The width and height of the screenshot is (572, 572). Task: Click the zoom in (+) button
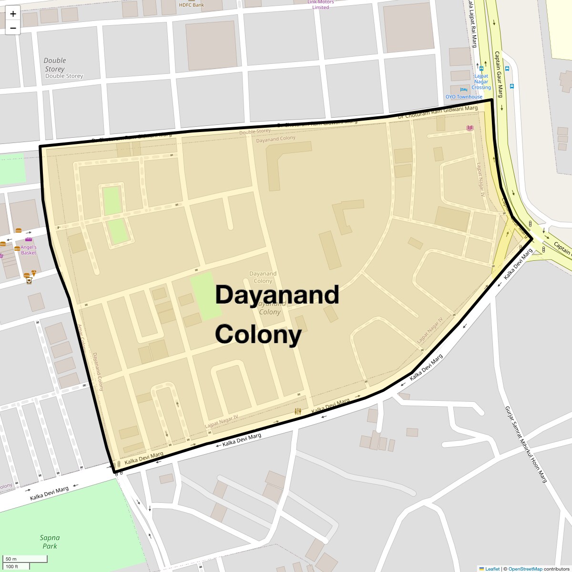[13, 14]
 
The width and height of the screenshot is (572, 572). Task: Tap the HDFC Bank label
[191, 5]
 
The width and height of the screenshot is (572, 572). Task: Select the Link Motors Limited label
[320, 5]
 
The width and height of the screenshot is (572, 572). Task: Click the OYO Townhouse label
[464, 97]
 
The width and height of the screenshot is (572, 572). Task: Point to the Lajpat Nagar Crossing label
[481, 82]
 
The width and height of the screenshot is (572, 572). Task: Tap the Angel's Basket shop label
[29, 250]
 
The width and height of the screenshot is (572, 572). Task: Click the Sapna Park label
[49, 542]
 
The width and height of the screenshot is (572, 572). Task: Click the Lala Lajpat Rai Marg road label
[472, 24]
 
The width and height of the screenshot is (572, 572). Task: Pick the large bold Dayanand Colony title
[276, 315]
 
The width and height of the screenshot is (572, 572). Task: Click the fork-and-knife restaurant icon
[298, 411]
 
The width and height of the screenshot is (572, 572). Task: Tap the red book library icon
[470, 128]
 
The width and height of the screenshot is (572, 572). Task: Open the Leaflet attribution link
[492, 569]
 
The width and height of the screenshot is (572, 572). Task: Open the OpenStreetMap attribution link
[525, 569]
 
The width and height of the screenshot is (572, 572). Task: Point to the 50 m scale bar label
[11, 559]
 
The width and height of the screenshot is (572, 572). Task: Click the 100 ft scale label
[12, 566]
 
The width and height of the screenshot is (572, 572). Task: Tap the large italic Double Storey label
[55, 65]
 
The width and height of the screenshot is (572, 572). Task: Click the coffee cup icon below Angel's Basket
[29, 281]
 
